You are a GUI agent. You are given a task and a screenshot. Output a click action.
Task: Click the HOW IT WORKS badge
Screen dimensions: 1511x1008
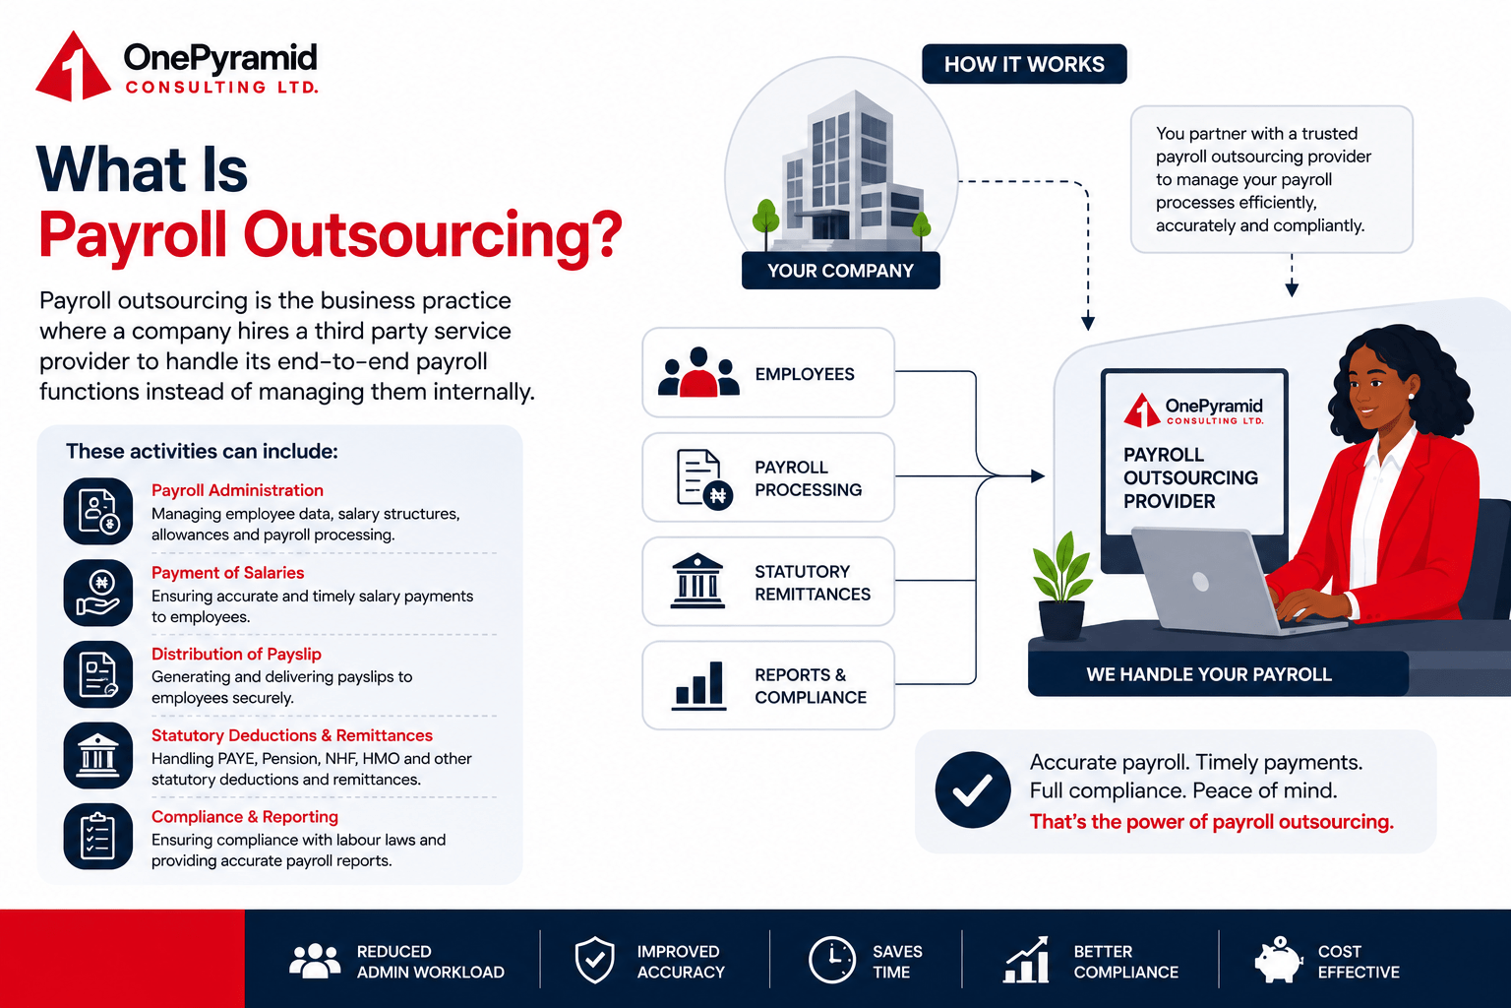pyautogui.click(x=1024, y=64)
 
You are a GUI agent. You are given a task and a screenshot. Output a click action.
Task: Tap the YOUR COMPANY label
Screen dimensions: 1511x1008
pyautogui.click(x=840, y=271)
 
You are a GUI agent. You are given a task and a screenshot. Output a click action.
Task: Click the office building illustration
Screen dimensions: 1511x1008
pyautogui.click(x=842, y=172)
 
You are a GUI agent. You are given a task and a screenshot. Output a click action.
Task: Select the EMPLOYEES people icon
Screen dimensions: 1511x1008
pyautogui.click(x=698, y=372)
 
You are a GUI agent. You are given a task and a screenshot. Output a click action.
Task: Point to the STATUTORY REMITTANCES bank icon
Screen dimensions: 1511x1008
pyautogui.click(x=697, y=582)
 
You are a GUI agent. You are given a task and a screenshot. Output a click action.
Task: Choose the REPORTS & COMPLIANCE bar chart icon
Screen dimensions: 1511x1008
pyautogui.click(x=698, y=685)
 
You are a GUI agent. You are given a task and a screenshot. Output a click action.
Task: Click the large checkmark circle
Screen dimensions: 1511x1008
pyautogui.click(x=973, y=789)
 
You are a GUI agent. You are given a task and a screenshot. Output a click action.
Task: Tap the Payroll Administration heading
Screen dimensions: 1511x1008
pyautogui.click(x=237, y=490)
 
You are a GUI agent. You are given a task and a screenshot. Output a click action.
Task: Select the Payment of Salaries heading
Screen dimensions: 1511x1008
pyautogui.click(x=227, y=573)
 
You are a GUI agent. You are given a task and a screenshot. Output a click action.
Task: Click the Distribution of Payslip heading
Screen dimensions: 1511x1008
pyautogui.click(x=236, y=654)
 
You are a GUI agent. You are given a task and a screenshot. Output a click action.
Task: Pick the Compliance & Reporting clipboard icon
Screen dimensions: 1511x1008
pyautogui.click(x=97, y=837)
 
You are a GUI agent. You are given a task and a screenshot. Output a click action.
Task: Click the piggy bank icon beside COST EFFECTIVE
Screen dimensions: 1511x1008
pyautogui.click(x=1278, y=960)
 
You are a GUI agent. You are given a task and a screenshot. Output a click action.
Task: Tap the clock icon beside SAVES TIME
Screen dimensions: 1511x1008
pyautogui.click(x=831, y=960)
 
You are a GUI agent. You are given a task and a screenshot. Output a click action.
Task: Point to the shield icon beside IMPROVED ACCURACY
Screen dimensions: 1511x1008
pyautogui.click(x=594, y=960)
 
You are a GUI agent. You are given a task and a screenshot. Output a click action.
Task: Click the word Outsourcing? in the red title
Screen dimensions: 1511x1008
pyautogui.click(x=433, y=235)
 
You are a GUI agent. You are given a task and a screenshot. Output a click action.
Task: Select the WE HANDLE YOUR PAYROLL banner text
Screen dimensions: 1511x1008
pyautogui.click(x=1209, y=674)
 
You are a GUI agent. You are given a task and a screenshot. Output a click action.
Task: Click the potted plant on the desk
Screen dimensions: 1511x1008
pyautogui.click(x=1062, y=586)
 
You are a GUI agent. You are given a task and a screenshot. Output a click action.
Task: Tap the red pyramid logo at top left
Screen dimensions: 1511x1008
pyautogui.click(x=73, y=66)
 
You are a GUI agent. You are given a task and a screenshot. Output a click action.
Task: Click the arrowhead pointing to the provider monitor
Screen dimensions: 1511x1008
pyautogui.click(x=1038, y=476)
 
